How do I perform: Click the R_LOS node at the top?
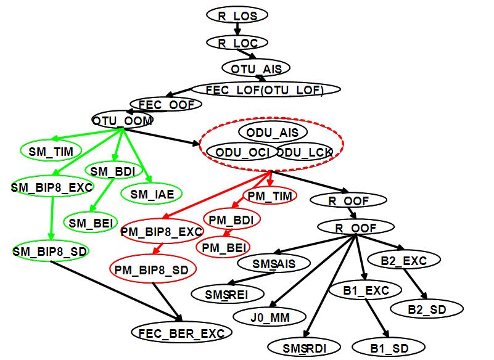coord(237,15)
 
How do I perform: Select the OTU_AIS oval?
coord(256,68)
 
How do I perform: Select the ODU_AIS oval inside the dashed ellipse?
coord(273,132)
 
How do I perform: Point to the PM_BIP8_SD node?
coord(152,269)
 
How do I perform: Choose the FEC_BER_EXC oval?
coord(181,333)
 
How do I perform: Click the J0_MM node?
coord(270,317)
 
